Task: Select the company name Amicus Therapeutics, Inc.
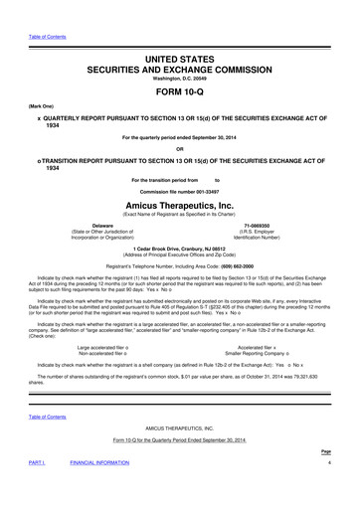coord(180,200)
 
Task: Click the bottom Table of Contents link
coord(31,418)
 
